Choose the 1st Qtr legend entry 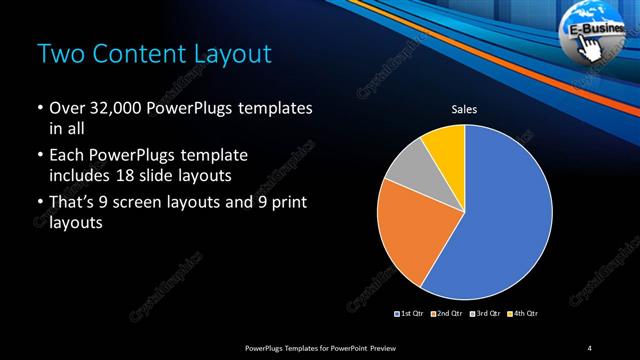click(411, 314)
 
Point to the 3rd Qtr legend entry click(484, 314)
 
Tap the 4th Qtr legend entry click(521, 314)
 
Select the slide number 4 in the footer click(590, 347)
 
